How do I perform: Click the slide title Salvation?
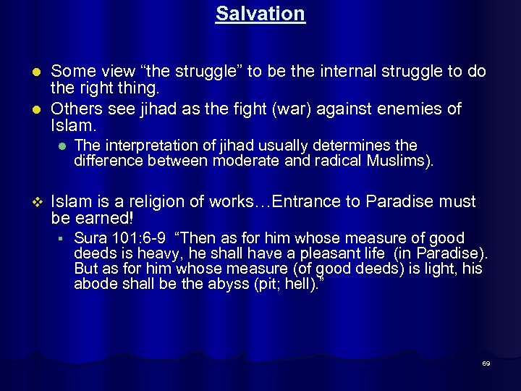click(260, 14)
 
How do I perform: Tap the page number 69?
click(486, 363)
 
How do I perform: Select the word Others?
click(77, 109)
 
